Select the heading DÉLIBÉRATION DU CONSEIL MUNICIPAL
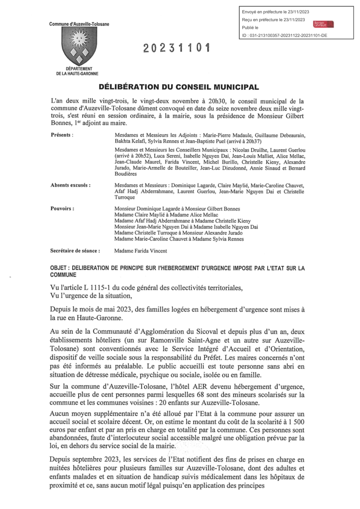[179, 88]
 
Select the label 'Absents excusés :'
[70, 185]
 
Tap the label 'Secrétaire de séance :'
[75, 251]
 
